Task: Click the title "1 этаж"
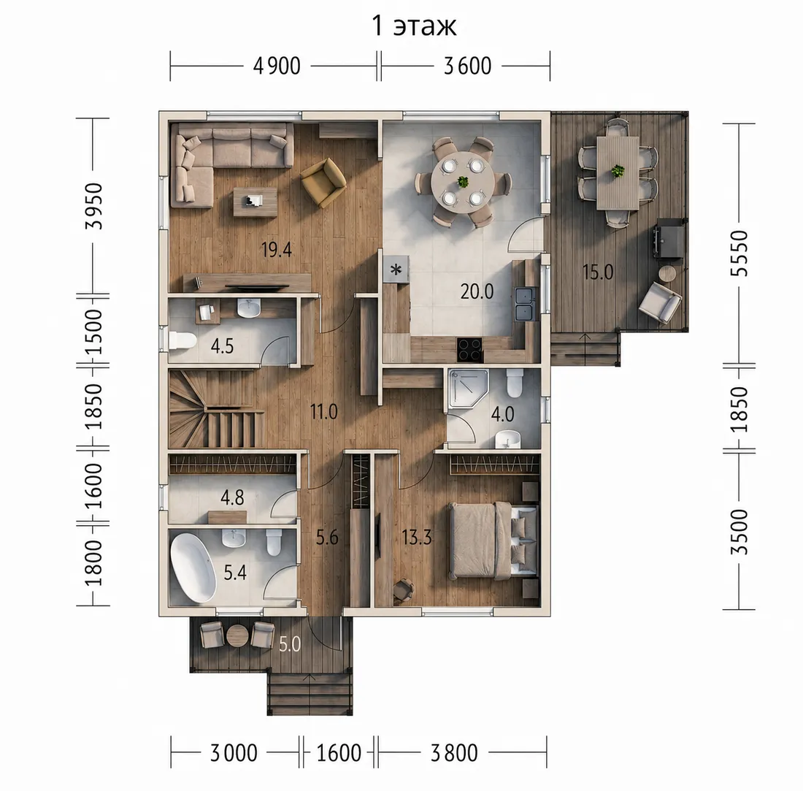tap(414, 26)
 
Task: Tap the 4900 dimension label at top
tap(277, 66)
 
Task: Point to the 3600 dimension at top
tap(467, 66)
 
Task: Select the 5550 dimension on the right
tap(739, 253)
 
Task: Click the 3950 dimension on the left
tap(94, 206)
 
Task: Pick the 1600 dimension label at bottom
tap(339, 753)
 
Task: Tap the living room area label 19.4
tap(277, 250)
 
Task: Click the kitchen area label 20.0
tap(477, 291)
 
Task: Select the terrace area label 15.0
tap(598, 272)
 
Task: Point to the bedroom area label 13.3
tap(416, 538)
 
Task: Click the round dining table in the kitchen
tap(462, 182)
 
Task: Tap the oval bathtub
tap(193, 568)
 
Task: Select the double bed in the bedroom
tap(493, 541)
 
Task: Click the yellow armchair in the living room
tap(323, 183)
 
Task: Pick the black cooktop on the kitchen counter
tap(469, 350)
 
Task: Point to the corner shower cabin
tap(468, 389)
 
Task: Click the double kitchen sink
tap(526, 304)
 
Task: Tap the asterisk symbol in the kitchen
tap(396, 269)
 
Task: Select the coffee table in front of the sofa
tap(255, 202)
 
